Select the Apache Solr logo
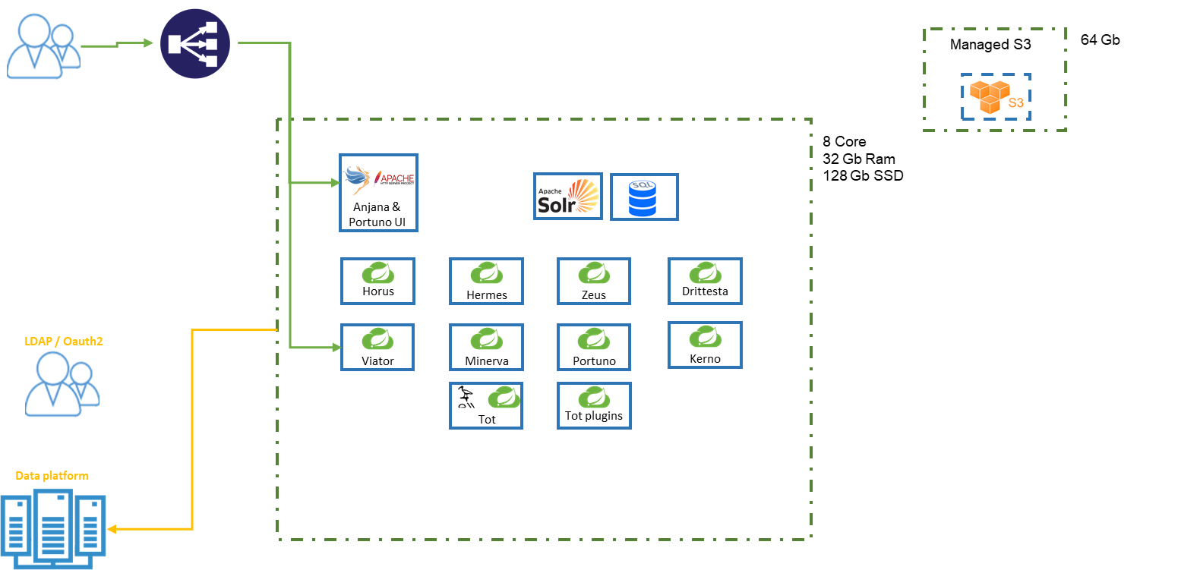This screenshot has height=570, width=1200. point(568,197)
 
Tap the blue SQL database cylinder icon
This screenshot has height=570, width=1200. point(643,198)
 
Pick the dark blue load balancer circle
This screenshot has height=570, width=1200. point(195,43)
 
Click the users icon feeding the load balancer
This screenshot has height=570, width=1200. point(43,46)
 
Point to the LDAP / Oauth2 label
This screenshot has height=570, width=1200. point(63,341)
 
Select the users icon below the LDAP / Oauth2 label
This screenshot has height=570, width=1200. point(62,384)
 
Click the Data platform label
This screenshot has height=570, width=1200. point(52,475)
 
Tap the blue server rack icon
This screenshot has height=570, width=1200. point(53,528)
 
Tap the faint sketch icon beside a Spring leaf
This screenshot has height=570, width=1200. point(466,398)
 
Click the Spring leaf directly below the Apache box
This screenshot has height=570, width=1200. point(378,272)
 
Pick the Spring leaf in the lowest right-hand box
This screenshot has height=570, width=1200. point(594,397)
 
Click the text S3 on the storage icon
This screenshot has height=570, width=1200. point(1015,103)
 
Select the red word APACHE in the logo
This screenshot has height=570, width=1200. point(398,178)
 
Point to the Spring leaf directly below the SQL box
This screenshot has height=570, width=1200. point(706,272)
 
